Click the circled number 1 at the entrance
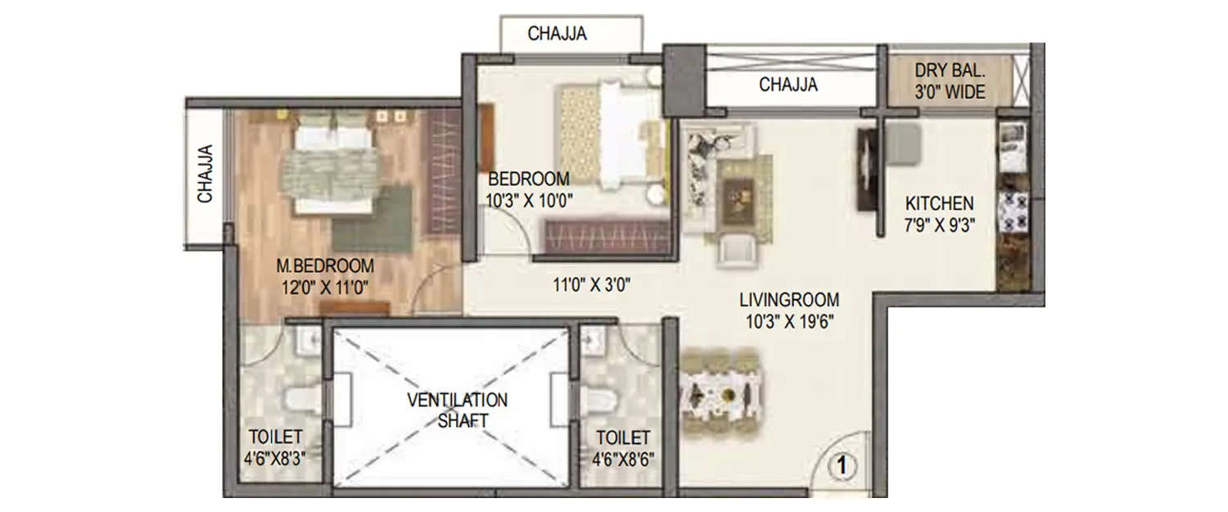pyautogui.click(x=843, y=466)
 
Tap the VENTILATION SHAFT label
pyautogui.click(x=458, y=410)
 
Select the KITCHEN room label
pyautogui.click(x=939, y=203)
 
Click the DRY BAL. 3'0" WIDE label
pyautogui.click(x=950, y=81)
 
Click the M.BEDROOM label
pyautogui.click(x=324, y=266)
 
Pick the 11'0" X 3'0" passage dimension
pyautogui.click(x=591, y=285)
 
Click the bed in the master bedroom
pyautogui.click(x=332, y=164)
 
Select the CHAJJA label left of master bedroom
pyautogui.click(x=205, y=174)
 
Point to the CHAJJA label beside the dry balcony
pyautogui.click(x=788, y=84)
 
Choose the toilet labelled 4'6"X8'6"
pyautogui.click(x=623, y=447)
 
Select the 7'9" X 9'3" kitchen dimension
pyautogui.click(x=939, y=223)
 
